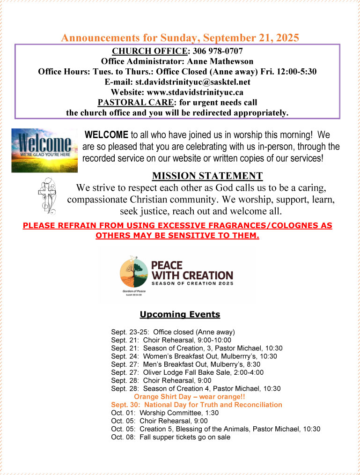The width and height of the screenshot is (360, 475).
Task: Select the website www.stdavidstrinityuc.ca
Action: pyautogui.click(x=193, y=92)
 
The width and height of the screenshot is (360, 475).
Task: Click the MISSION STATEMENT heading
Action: pyautogui.click(x=207, y=176)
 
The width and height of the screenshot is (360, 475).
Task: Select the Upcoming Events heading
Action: pyautogui.click(x=180, y=314)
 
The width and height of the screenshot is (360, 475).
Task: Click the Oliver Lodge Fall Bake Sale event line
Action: pyautogui.click(x=187, y=372)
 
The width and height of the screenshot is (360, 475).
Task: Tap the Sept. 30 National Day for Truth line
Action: pyautogui.click(x=197, y=404)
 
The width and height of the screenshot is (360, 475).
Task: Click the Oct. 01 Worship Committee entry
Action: pyautogui.click(x=165, y=413)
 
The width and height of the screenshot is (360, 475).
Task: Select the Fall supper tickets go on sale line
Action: pyautogui.click(x=171, y=437)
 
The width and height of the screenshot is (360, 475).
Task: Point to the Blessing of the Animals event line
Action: pyautogui.click(x=216, y=429)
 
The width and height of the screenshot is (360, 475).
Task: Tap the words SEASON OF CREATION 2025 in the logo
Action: pyautogui.click(x=191, y=283)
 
